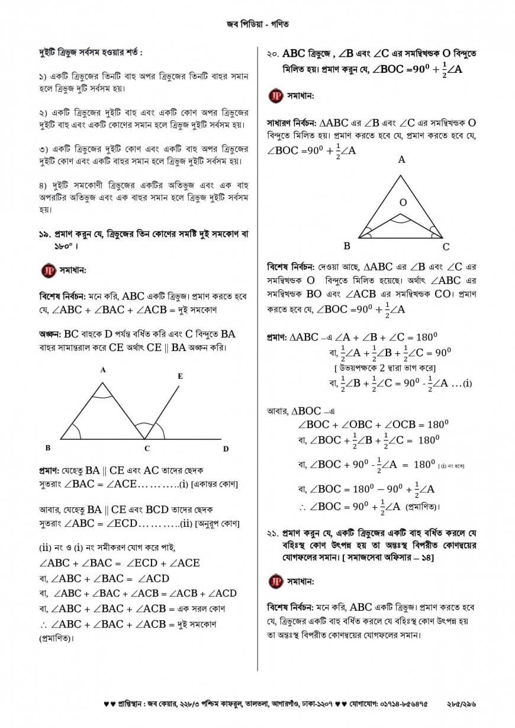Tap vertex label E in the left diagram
[180, 376]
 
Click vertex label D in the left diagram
[226, 449]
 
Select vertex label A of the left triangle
[102, 370]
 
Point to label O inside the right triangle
[403, 202]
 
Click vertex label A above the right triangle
[402, 159]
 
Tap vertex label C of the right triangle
[446, 247]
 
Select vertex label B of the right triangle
[347, 246]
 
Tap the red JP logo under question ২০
[275, 95]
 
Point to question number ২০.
[273, 54]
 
